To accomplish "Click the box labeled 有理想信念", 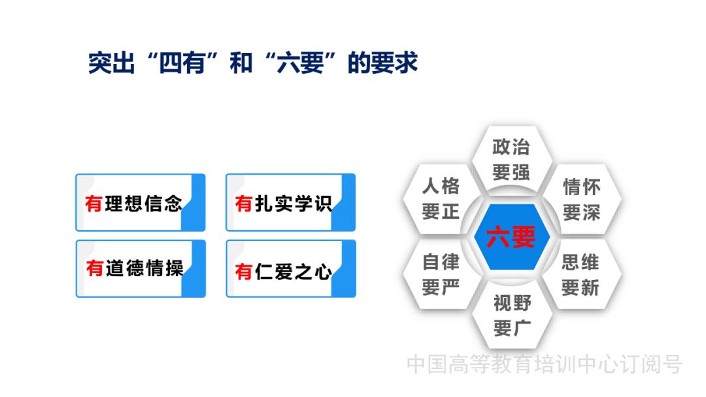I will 140,202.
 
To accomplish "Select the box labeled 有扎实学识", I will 290,202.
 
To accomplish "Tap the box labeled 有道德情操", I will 140,268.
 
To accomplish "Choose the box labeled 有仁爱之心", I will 290,269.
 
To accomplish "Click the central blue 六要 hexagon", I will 511,236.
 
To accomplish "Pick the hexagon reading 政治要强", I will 511,160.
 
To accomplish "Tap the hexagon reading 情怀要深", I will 581,200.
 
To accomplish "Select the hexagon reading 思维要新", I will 580,275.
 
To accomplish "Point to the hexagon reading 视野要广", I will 512,315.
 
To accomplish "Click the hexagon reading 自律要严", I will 441,275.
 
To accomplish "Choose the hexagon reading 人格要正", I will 441,198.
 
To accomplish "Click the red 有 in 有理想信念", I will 94,204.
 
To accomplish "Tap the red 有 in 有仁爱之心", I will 244,271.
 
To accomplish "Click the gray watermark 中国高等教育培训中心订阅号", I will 544,364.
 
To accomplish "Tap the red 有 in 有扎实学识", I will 244,204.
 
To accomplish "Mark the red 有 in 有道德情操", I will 94,268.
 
